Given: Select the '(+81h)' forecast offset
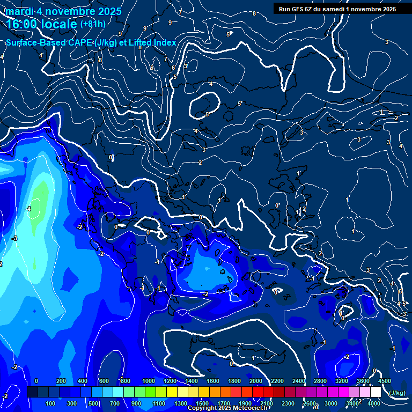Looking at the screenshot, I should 93,24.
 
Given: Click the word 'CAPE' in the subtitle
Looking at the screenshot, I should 79,42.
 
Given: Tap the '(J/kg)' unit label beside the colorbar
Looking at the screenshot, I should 397,393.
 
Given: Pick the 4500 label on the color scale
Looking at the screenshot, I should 384,381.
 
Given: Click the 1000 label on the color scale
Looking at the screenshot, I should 148,381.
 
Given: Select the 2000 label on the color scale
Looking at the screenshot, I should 255,381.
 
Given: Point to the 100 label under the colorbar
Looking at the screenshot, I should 51,403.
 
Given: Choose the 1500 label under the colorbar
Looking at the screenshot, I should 202,403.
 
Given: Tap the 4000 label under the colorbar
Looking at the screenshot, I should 374,403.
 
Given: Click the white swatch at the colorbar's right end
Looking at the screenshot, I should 376,392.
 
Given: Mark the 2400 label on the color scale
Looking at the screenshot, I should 299,381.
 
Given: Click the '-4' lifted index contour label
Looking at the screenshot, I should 28,209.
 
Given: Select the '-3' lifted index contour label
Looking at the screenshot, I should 14,238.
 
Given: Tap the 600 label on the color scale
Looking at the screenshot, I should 104,381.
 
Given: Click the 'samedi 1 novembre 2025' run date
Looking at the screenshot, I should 362,9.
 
